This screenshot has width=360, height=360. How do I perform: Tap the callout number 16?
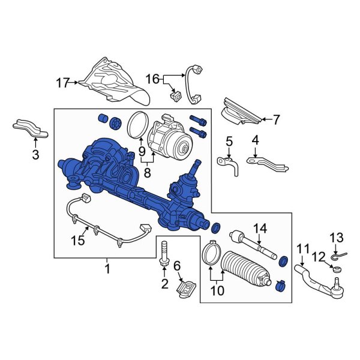(153, 78)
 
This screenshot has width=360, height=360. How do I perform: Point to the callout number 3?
(35, 155)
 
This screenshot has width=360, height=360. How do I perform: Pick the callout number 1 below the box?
(108, 269)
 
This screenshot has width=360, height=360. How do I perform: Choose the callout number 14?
(259, 228)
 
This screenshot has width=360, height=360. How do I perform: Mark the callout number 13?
(336, 238)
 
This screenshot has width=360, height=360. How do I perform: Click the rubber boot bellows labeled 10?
(246, 268)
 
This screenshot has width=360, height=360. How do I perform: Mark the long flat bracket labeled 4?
(265, 163)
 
